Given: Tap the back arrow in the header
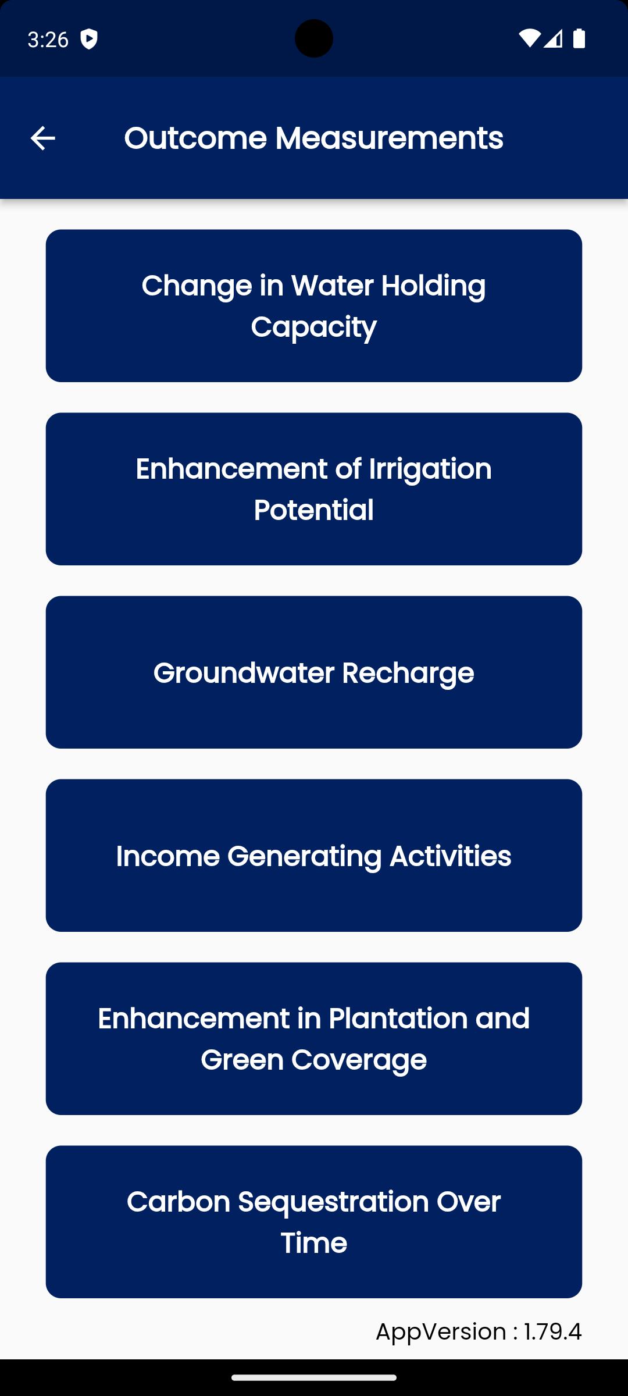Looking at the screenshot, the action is pyautogui.click(x=42, y=138).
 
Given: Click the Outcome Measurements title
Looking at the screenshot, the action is pyautogui.click(x=314, y=138).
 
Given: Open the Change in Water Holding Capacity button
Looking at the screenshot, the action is pyautogui.click(x=314, y=305).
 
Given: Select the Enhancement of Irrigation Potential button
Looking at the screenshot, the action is pyautogui.click(x=314, y=489).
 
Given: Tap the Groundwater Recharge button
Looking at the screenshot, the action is pyautogui.click(x=314, y=672).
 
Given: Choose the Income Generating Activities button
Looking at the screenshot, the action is pyautogui.click(x=314, y=855).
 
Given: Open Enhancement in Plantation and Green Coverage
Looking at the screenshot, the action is pyautogui.click(x=314, y=1038).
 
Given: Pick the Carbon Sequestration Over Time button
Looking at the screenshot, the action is pyautogui.click(x=314, y=1221).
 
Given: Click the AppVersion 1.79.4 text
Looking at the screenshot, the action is pyautogui.click(x=479, y=1331).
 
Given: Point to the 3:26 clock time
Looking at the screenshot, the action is pyautogui.click(x=48, y=39).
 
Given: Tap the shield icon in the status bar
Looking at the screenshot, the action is pyautogui.click(x=89, y=39).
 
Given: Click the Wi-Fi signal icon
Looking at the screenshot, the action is pyautogui.click(x=529, y=38).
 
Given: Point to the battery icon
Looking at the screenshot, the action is pyautogui.click(x=579, y=38).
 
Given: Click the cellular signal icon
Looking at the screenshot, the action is pyautogui.click(x=553, y=38).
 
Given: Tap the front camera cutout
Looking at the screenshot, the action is pyautogui.click(x=314, y=38).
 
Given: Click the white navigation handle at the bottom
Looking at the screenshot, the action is pyautogui.click(x=314, y=1377).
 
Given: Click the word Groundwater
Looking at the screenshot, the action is pyautogui.click(x=244, y=673).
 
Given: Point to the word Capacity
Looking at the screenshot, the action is pyautogui.click(x=314, y=327).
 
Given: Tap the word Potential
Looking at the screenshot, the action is pyautogui.click(x=314, y=510).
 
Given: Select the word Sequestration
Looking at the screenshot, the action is pyautogui.click(x=334, y=1202).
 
